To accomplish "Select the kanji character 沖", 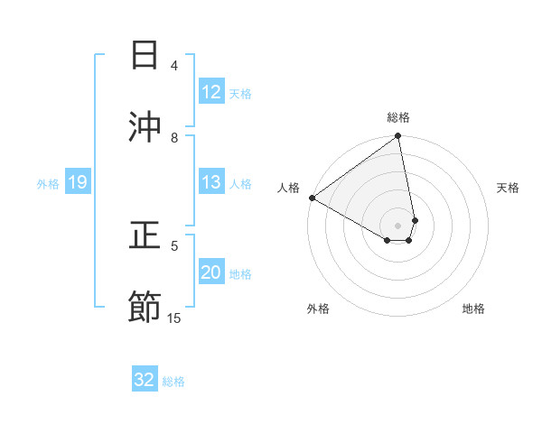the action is pos(145,126).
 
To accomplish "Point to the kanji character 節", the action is pos(145,307).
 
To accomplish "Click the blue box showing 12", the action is pos(211,92).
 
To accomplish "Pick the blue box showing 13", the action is pos(211,182).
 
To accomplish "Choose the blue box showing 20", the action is pos(211,272).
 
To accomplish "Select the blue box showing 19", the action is pos(77,183).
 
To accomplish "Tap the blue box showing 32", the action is pos(145,380).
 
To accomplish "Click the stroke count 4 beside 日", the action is pos(174,66).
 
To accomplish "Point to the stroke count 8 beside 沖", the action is pos(174,137).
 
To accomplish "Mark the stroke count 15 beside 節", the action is pos(174,318).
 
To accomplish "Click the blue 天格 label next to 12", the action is pos(240,93).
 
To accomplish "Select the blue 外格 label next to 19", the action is pos(48,184).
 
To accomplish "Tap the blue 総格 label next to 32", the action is pos(173,381).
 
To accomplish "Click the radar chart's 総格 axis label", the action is pos(398,117).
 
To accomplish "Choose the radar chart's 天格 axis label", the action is pos(508,188).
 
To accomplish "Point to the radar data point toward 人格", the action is pos(312,198).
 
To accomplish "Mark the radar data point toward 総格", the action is pos(398,137).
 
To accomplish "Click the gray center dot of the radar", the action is pos(397,225).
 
